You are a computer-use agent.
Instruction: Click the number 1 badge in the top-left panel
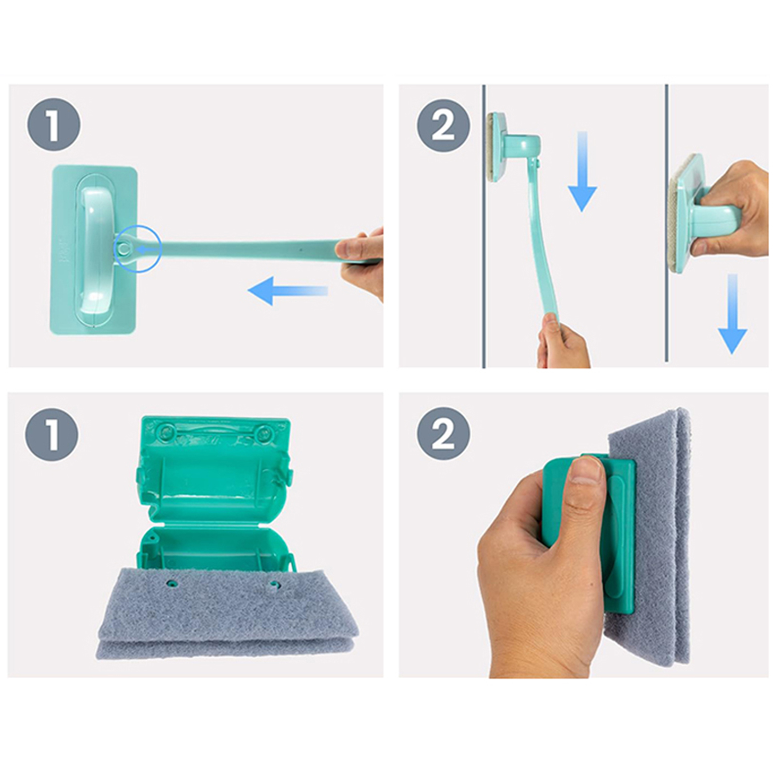pos(53,125)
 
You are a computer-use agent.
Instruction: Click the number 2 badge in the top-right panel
pos(443,125)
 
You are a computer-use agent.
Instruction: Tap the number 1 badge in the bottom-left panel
pos(51,434)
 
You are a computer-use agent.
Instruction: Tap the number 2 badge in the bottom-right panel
pos(443,434)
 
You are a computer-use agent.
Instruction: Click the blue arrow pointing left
pos(288,291)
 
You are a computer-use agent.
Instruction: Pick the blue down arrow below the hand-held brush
pos(732,314)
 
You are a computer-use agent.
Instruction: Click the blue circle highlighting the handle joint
pos(137,249)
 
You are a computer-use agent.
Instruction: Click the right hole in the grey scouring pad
pos(275,584)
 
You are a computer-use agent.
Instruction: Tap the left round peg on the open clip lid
pos(167,430)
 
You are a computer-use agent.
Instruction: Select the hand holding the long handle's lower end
pos(563,340)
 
